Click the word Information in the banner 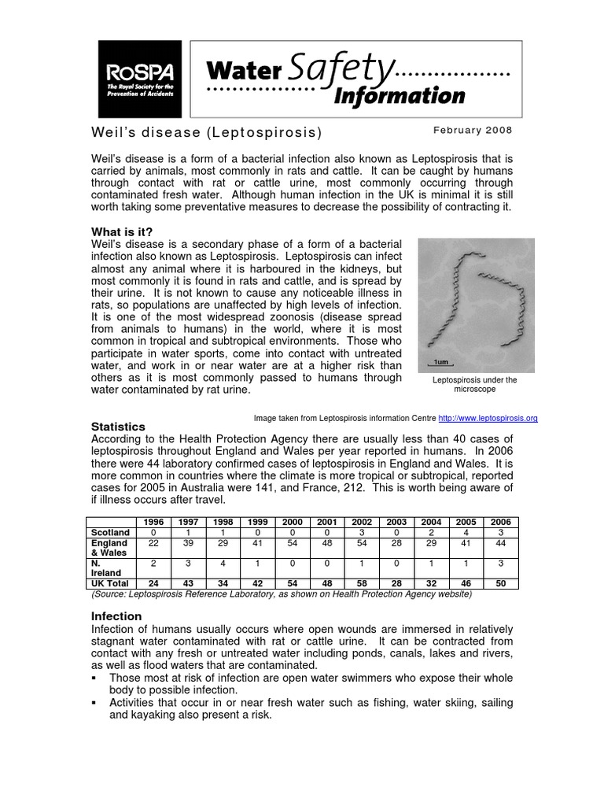pos(400,95)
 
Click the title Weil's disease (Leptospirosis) pos(207,131)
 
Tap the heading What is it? pos(122,231)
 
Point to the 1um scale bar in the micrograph pos(442,362)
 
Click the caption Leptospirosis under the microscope pos(475,385)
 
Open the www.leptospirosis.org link pos(488,419)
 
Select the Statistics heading pos(119,427)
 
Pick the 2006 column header pos(500,522)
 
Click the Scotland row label pos(110,532)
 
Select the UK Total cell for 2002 pos(361,583)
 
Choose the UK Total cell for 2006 pos(500,583)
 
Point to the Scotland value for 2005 pos(466,532)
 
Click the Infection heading pos(116,616)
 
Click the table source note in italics pos(282,594)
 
